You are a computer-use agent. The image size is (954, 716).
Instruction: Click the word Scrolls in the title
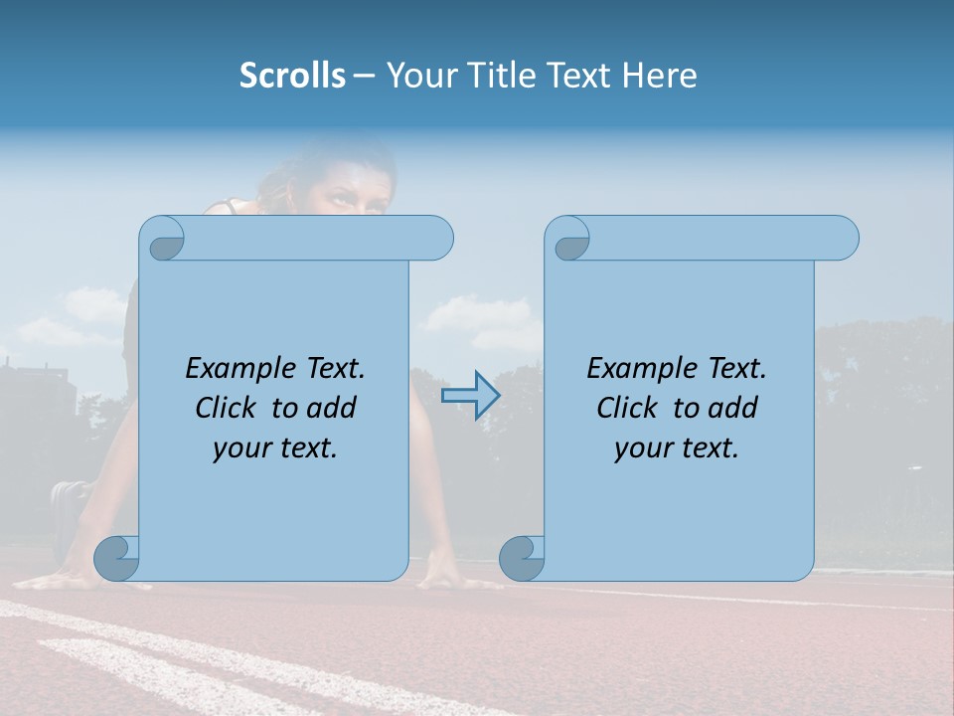(293, 75)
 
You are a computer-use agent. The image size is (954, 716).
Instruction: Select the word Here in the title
(659, 75)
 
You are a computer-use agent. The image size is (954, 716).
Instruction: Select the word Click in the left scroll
(228, 408)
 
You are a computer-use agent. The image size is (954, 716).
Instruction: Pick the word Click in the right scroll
(628, 408)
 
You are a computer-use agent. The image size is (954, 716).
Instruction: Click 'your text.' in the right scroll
(677, 448)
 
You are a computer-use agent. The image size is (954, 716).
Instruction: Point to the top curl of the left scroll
(162, 239)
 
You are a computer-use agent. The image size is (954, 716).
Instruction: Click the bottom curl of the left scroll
(116, 558)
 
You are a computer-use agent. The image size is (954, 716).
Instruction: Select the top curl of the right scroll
(567, 239)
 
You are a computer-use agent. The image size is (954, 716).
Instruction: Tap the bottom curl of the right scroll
(522, 558)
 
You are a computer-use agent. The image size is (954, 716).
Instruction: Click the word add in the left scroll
(332, 408)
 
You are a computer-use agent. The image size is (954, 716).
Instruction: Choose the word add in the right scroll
(733, 408)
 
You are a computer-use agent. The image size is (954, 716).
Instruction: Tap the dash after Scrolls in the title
(364, 76)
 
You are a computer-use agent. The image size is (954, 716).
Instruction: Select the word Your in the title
(418, 75)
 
